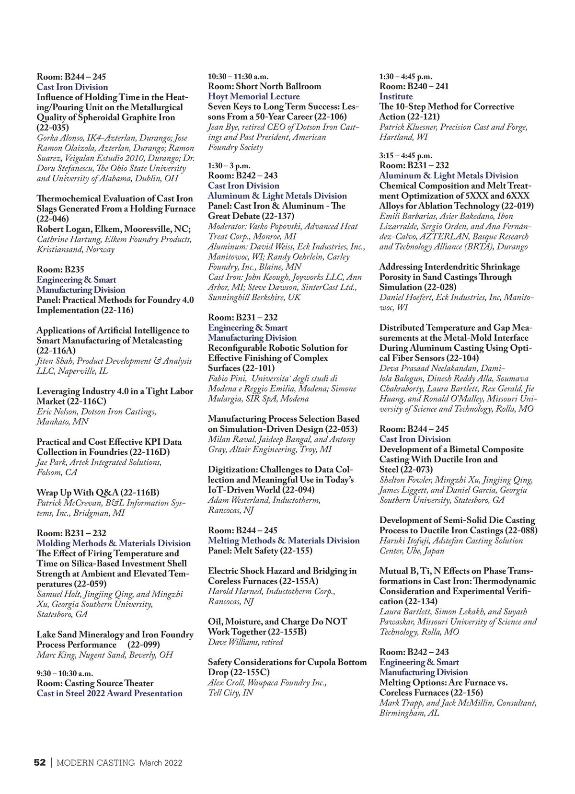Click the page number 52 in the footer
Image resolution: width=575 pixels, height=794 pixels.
pos(39,762)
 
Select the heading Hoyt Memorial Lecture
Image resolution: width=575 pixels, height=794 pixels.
pos(253,96)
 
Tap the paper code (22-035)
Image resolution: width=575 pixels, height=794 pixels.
pos(53,127)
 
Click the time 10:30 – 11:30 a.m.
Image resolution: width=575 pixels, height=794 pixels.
pos(238,76)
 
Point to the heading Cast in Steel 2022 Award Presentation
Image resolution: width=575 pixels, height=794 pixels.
pos(109,693)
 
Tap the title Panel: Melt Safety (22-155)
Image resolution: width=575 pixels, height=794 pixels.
pos(260,551)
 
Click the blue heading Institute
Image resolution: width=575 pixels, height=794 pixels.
pos(396,96)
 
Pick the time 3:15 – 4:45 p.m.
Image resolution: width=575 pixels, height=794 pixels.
pos(405,155)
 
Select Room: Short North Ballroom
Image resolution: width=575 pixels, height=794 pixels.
pos(264,86)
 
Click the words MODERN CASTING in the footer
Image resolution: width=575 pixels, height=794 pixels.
pos(95,762)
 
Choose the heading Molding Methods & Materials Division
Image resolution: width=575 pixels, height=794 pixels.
pos(114,543)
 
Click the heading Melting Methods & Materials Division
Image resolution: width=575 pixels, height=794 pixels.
pos(284,541)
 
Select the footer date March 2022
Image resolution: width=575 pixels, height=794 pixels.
pos(161,762)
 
